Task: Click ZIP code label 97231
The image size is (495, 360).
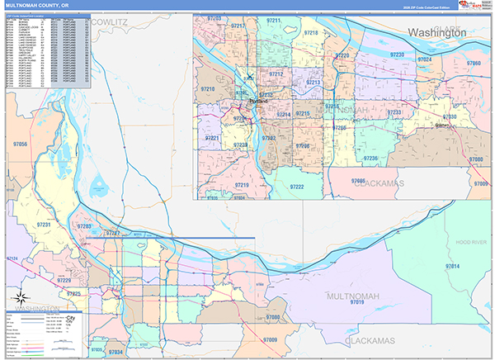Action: click(x=44, y=225)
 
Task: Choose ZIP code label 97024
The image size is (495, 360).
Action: click(x=425, y=59)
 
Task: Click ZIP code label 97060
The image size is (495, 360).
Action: click(x=474, y=64)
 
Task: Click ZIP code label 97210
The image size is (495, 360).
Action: click(x=208, y=88)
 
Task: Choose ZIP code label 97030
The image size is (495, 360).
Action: click(x=449, y=116)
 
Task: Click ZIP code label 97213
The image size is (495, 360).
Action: click(x=313, y=83)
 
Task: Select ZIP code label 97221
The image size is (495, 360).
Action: click(x=212, y=137)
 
